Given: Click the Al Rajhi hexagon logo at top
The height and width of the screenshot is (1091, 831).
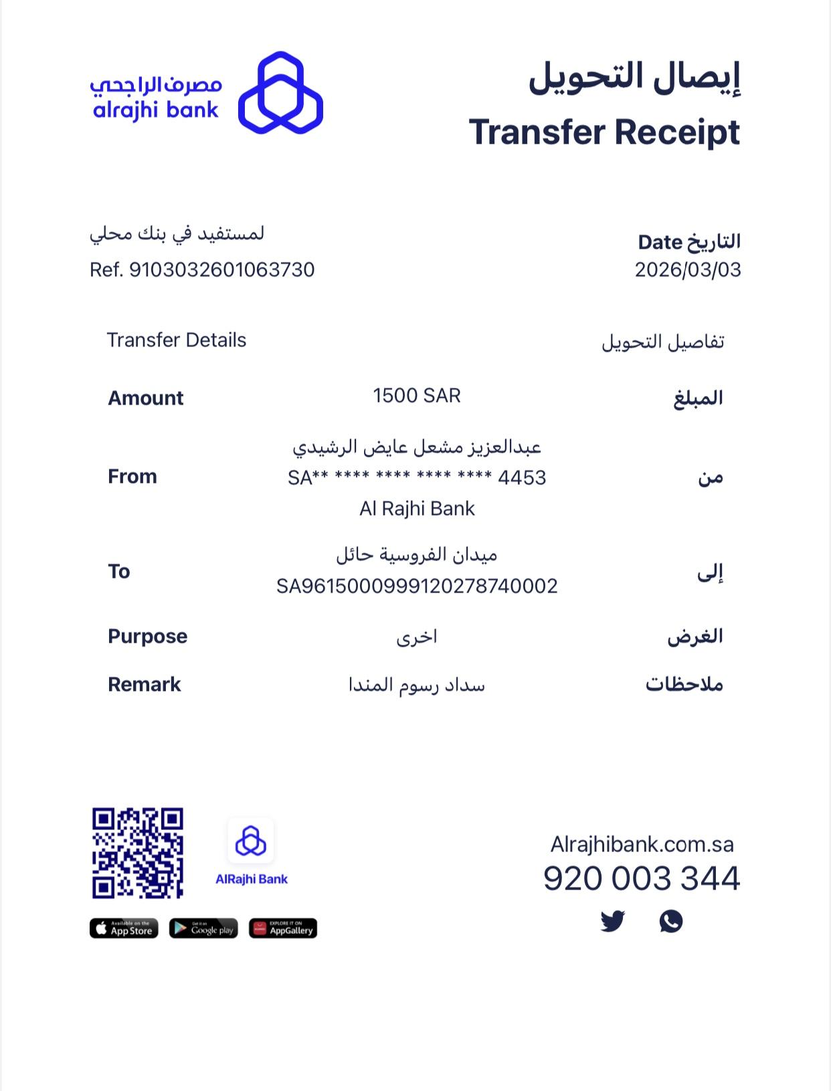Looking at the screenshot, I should point(280,92).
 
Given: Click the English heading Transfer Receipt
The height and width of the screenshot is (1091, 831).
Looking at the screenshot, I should point(604,132).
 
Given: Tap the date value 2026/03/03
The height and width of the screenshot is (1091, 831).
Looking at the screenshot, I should point(688,270).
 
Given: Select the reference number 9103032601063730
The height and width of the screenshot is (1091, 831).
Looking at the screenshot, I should point(221,270).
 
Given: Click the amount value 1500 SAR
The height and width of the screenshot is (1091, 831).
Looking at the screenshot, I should point(416,396).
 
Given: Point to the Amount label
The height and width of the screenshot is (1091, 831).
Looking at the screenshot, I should point(145,398).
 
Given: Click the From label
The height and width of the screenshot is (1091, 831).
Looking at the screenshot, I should point(132,476).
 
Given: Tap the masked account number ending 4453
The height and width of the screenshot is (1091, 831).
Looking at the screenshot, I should point(417,478).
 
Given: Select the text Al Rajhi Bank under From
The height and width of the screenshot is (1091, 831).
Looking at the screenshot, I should point(417,508).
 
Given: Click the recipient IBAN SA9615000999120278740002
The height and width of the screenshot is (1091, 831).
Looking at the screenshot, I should point(417,586).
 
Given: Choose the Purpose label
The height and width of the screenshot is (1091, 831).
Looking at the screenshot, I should point(147,636).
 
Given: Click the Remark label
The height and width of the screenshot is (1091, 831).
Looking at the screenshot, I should point(145,684).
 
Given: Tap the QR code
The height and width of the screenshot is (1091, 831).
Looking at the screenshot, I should point(138,853).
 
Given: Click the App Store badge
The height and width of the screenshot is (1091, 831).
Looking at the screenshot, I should point(124,928).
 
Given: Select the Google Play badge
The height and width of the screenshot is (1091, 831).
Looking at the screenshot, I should point(203,928).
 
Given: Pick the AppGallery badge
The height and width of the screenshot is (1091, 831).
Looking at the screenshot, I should point(283,928).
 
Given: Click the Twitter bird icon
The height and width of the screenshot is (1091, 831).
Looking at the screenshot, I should point(612,921).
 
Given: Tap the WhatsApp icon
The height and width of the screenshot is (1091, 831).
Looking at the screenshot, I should point(670,921).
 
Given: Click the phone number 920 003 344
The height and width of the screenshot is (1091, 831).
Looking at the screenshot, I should point(641,878).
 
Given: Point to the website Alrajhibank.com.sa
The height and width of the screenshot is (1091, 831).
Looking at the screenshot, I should point(642,844).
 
